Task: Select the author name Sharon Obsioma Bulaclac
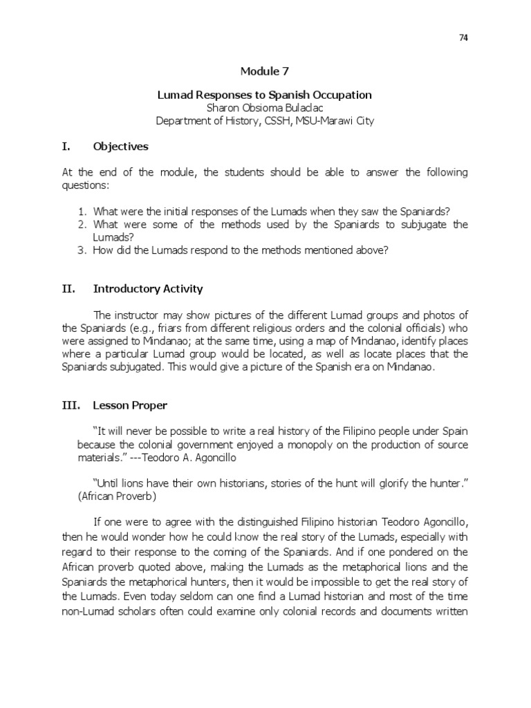point(265,107)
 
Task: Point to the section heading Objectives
point(120,147)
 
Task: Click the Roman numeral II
point(67,288)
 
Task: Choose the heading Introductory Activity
point(148,288)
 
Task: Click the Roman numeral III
point(69,405)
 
